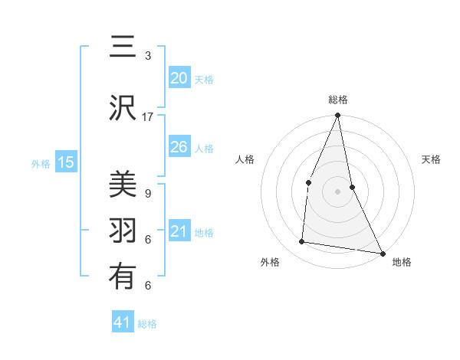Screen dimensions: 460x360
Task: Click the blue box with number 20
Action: [x=179, y=78]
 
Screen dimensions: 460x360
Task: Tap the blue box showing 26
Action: [x=179, y=147]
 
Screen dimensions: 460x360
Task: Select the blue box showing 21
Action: [x=179, y=231]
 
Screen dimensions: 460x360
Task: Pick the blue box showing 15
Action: [x=66, y=162]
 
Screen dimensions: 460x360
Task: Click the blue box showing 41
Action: [x=123, y=322]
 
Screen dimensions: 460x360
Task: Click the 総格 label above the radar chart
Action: [x=338, y=100]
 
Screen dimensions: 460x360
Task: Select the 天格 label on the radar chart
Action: [x=432, y=159]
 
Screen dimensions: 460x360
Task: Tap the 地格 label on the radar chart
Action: [x=402, y=262]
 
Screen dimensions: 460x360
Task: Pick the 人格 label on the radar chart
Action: [x=245, y=159]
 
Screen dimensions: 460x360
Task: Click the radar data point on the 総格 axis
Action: [x=338, y=116]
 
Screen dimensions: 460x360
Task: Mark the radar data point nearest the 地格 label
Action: [x=382, y=253]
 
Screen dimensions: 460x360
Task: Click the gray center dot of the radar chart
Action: [x=338, y=191]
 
